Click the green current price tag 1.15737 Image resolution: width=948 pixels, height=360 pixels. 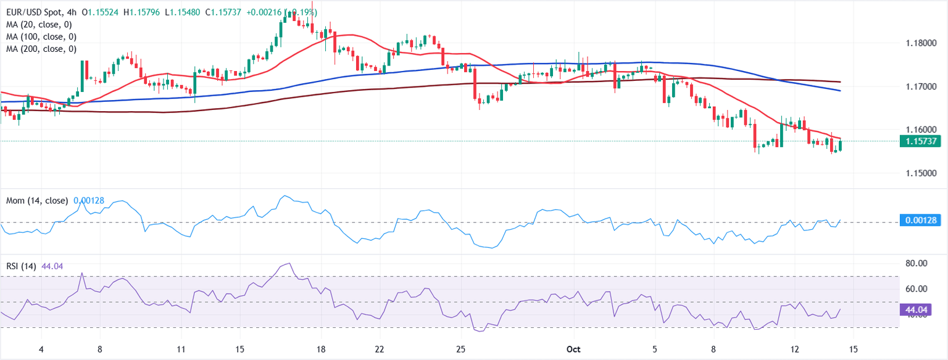pos(920,141)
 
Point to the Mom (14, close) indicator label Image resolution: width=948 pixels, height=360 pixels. pos(38,201)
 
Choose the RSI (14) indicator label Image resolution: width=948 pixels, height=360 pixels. pos(20,266)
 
